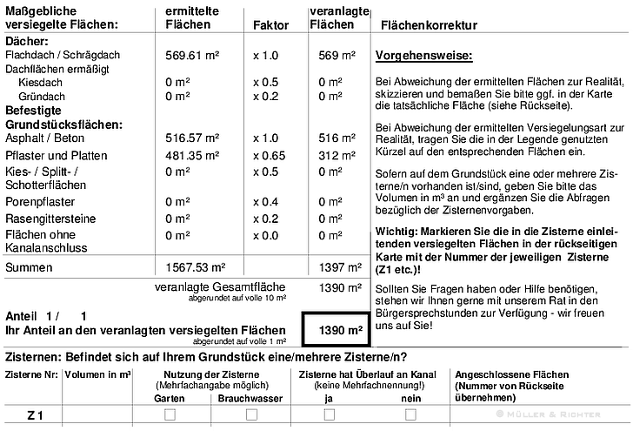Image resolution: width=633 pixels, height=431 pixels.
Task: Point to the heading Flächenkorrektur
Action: pos(429,26)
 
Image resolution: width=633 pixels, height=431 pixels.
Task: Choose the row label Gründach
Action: pos(41,96)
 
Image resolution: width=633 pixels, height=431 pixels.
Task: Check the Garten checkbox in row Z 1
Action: pos(170,415)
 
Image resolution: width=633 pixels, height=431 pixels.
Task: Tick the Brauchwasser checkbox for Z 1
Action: pos(251,415)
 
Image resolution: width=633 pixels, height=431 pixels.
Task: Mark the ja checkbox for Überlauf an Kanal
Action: pos(330,415)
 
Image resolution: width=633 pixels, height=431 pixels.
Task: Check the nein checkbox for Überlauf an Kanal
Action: pos(410,415)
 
